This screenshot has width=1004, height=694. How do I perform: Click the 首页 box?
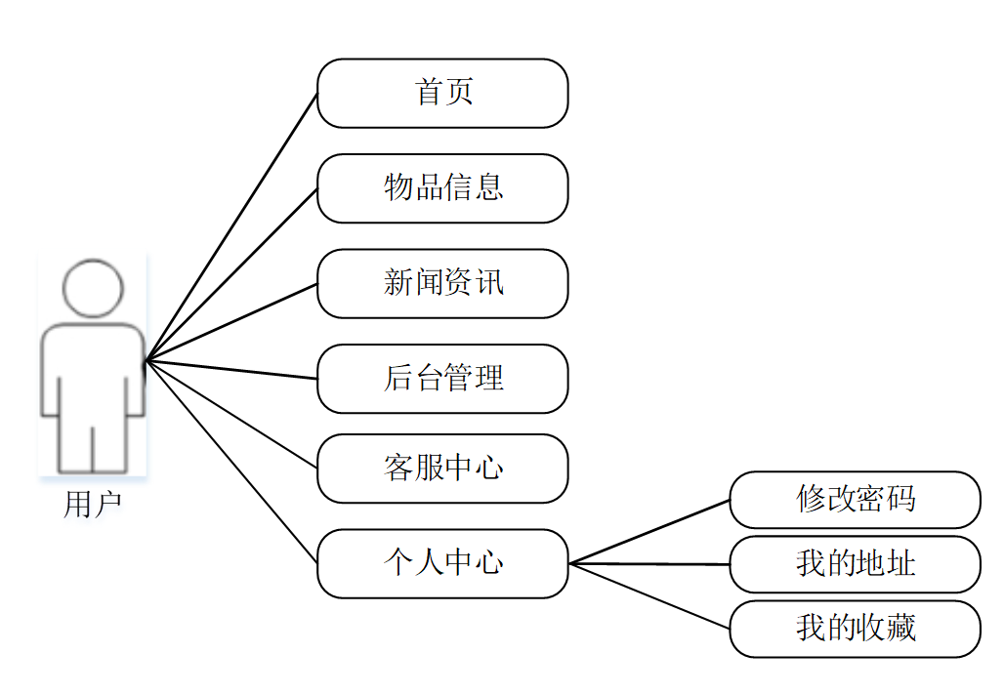pos(442,93)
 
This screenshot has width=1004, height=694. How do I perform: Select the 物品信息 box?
pos(442,188)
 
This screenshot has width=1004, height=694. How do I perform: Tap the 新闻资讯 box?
pos(442,283)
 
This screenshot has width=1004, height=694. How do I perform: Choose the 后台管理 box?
pos(442,379)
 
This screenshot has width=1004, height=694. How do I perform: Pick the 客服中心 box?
pos(442,469)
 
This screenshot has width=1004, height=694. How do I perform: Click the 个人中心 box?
pos(442,563)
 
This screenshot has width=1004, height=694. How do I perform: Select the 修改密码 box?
pos(855,500)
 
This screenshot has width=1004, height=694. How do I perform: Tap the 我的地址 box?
pos(855,564)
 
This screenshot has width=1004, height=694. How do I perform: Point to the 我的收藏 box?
pos(855,629)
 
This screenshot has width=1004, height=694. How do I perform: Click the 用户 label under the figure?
pos(92,505)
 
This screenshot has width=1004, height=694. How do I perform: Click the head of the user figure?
pos(93,289)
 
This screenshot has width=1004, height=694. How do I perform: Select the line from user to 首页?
pos(231,228)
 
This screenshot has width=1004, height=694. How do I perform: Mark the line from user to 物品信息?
pos(231,275)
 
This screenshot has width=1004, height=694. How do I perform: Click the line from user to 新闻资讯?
pos(231,323)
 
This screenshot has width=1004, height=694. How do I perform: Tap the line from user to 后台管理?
pos(231,371)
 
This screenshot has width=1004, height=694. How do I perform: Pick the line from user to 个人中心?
pos(231,463)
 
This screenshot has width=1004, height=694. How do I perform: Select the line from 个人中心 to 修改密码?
pos(649,532)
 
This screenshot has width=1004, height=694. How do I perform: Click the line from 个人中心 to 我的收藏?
pos(649,595)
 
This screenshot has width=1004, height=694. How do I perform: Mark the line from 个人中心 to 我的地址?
pos(649,564)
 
